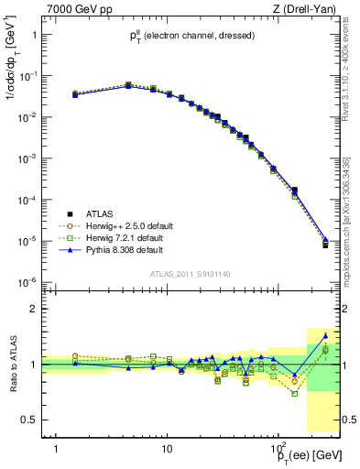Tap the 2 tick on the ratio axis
[38, 309]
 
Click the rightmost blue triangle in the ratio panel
[325, 336]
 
